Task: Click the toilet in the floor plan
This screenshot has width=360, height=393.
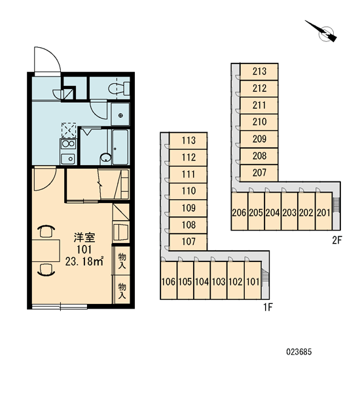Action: pos(119,88)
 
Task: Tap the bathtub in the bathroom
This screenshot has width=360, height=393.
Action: pos(120,147)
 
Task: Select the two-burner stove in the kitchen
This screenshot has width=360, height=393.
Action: pos(67,144)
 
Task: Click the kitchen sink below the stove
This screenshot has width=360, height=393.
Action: pos(67,159)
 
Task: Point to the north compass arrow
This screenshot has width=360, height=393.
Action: pos(321,31)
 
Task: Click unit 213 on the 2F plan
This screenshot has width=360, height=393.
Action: pos(259,71)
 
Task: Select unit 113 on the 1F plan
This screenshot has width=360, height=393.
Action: pos(188,141)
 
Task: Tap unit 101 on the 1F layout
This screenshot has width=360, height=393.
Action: pos(253,281)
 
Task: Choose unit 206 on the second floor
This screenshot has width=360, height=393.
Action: pos(240,212)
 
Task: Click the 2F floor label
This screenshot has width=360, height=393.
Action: pos(336,240)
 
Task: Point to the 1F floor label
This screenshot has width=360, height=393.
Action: pos(267,307)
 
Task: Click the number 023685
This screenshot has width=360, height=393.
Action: pos(299,352)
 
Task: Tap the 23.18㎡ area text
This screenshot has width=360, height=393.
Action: pos(84,261)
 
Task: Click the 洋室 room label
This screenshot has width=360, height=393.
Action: pos(84,238)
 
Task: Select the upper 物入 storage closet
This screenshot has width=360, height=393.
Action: pos(122,261)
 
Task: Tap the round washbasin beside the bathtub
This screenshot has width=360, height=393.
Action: pos(106,159)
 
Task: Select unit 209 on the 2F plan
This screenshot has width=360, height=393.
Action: pos(259,139)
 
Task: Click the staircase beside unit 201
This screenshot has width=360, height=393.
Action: pos(336,205)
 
